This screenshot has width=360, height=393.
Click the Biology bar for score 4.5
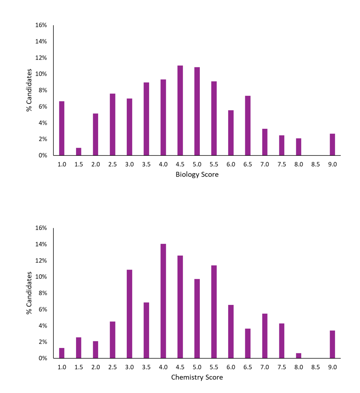pos(180,110)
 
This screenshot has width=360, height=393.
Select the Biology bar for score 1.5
pos(79,152)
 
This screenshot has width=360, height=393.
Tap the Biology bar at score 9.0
pos(332,144)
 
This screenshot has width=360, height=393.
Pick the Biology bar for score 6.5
pos(248,126)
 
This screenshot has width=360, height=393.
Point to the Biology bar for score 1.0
pos(62,128)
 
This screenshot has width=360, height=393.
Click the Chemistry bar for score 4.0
pos(163,301)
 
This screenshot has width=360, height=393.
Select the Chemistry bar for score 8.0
pos(299,356)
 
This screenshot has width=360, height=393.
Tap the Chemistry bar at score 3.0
pos(129,314)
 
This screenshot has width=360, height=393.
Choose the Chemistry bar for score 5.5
pos(214,312)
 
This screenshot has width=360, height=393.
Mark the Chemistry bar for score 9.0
pos(332,344)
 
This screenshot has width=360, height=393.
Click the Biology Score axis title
pos(197,174)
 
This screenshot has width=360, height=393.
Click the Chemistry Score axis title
pos(197,377)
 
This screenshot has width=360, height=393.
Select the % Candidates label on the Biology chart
pos(29,90)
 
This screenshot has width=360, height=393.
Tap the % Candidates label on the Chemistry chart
pos(29,293)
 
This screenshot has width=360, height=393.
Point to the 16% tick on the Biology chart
pos(41,25)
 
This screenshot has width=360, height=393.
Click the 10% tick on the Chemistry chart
pos(41,277)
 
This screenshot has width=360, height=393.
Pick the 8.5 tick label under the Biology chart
pos(315,164)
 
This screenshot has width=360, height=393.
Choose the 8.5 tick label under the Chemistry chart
pos(315,367)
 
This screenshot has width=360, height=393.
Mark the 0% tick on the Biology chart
pos(43,155)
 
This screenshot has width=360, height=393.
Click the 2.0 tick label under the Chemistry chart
pos(95,367)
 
